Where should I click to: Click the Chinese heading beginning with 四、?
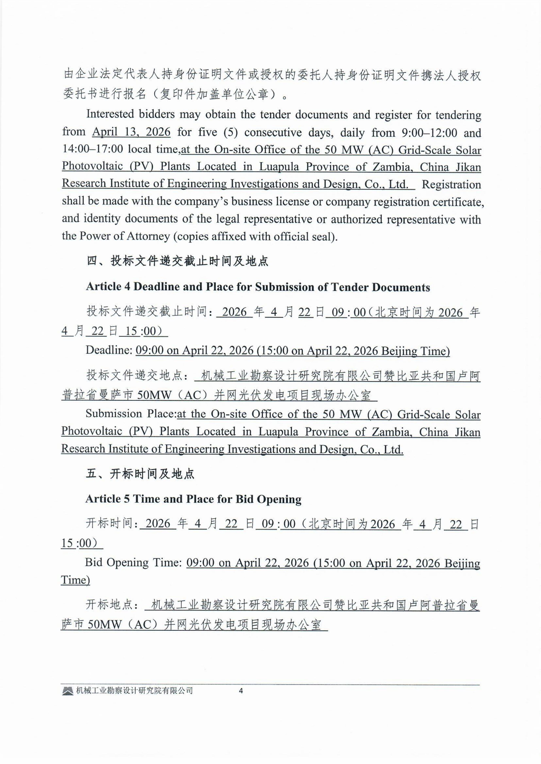pos(177,261)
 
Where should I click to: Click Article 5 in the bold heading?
pos(107,499)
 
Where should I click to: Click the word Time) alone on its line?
pos(75,580)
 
